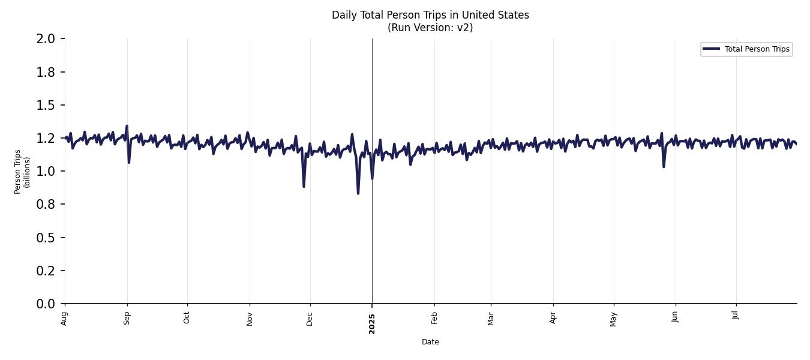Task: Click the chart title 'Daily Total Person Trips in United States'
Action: tap(430, 15)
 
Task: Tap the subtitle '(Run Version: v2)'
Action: tap(430, 28)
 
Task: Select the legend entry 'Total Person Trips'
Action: tap(757, 49)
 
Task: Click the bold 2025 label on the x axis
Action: tap(372, 323)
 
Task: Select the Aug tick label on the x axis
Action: tap(65, 319)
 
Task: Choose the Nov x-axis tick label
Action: tap(250, 319)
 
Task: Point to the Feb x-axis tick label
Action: tap(434, 318)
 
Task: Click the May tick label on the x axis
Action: tap(613, 319)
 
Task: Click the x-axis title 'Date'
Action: tap(430, 342)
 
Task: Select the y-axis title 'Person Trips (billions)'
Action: tap(22, 172)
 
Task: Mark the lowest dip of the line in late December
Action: tap(358, 193)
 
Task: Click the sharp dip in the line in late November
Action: tap(304, 186)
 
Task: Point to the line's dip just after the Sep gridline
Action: tap(129, 162)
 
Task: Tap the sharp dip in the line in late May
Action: tap(664, 166)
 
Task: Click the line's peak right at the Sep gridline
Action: tap(127, 126)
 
